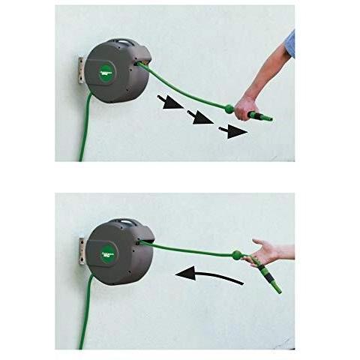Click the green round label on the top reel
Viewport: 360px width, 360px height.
[x=106, y=70]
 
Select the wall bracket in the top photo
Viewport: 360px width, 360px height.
[x=78, y=68]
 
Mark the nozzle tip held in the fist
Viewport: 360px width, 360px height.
[x=265, y=118]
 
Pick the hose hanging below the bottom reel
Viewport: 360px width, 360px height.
[x=85, y=315]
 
